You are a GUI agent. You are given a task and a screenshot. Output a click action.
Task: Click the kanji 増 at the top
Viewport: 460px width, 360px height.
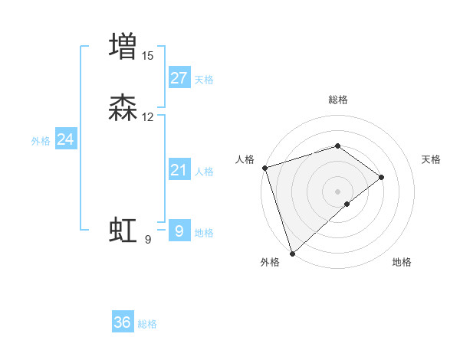point(123,45)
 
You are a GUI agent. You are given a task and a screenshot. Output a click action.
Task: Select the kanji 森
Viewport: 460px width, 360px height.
point(123,109)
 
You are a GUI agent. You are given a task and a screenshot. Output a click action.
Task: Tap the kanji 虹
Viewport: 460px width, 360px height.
point(123,230)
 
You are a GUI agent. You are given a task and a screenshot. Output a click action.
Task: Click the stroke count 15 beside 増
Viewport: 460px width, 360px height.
point(148,55)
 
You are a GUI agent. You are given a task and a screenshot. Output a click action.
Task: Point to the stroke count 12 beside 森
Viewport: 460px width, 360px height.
point(148,117)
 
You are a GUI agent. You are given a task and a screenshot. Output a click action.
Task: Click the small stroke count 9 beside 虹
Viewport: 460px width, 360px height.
point(148,240)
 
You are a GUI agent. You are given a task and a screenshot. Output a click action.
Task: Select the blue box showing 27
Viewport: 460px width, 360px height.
point(179,78)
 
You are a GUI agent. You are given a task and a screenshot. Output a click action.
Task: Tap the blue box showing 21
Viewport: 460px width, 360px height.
point(179,170)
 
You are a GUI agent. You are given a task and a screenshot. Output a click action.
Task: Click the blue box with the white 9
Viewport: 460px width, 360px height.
point(179,230)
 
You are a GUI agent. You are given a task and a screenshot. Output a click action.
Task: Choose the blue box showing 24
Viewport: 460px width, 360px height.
point(66,139)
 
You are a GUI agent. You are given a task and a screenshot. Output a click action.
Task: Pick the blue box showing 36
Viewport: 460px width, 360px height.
point(123,322)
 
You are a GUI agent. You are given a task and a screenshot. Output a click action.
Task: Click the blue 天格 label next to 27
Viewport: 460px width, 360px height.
point(204,80)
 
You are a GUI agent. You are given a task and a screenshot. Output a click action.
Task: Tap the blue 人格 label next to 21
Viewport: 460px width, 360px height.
point(204,172)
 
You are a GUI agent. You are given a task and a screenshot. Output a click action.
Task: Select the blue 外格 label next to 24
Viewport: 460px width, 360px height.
point(41,141)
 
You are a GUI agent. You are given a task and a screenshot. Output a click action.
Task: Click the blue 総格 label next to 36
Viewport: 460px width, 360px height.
point(147,324)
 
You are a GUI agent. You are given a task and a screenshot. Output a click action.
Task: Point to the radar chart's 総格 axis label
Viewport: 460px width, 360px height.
point(337,100)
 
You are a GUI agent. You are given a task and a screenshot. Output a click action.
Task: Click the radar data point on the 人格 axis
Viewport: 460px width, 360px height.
point(264,168)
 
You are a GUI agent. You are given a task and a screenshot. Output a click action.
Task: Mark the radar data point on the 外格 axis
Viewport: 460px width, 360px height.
point(292,253)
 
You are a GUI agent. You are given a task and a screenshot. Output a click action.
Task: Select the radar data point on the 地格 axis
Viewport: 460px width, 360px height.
point(347,204)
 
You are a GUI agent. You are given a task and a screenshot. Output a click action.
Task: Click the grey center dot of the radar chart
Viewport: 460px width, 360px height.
point(337,191)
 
